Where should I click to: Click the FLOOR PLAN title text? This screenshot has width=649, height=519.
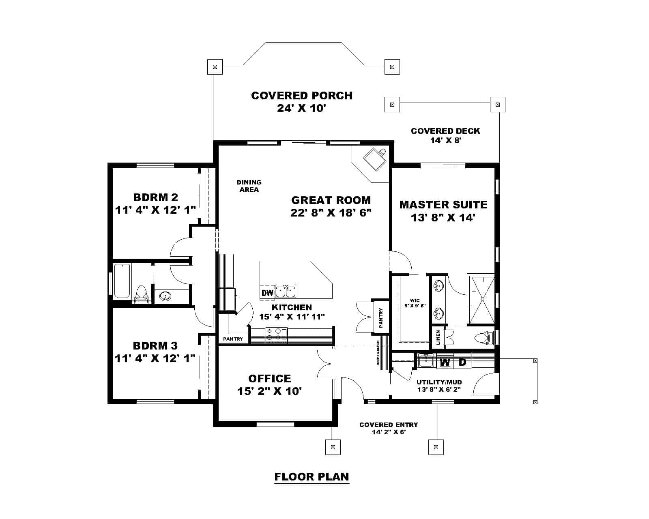(312, 476)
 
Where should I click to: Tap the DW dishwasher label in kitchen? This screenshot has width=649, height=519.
(267, 292)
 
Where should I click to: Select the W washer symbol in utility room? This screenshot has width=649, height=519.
(445, 362)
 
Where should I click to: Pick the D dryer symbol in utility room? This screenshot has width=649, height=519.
(462, 362)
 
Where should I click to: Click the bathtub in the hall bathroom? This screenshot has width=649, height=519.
(122, 281)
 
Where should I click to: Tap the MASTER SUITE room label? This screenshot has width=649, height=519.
(443, 204)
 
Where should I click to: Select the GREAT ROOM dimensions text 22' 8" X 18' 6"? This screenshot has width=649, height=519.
(331, 213)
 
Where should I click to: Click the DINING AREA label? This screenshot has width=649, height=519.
(249, 186)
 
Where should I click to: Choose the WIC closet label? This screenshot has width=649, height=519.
(415, 301)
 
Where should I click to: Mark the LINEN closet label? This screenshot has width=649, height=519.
(438, 337)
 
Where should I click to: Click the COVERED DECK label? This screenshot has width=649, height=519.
(445, 131)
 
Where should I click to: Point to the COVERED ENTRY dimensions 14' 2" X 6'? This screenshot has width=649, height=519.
(389, 432)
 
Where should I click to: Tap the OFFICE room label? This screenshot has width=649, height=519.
(269, 378)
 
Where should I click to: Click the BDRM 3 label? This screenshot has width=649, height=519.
(155, 345)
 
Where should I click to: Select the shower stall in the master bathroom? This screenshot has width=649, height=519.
(482, 299)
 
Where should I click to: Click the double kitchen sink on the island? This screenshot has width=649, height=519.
(286, 292)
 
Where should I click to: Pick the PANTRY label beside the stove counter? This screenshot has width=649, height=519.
(233, 339)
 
